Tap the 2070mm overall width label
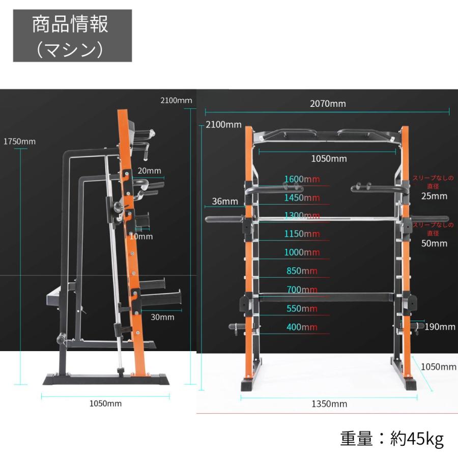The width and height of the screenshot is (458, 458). click(x=328, y=104)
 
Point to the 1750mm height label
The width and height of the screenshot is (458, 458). click(x=19, y=141)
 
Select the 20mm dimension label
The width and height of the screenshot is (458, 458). click(x=149, y=170)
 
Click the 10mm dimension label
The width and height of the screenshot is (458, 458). click(x=141, y=236)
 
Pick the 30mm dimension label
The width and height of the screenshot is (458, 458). click(x=162, y=317)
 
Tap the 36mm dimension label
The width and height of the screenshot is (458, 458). click(x=225, y=201)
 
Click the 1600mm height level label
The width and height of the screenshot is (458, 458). click(x=302, y=179)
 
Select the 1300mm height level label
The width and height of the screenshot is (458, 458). click(x=302, y=216)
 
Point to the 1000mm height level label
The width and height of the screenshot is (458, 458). click(x=302, y=252)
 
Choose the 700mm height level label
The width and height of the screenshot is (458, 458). click(x=302, y=290)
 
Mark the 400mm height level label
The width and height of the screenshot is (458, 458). click(x=302, y=327)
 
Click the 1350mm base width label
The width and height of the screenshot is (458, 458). click(x=329, y=404)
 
